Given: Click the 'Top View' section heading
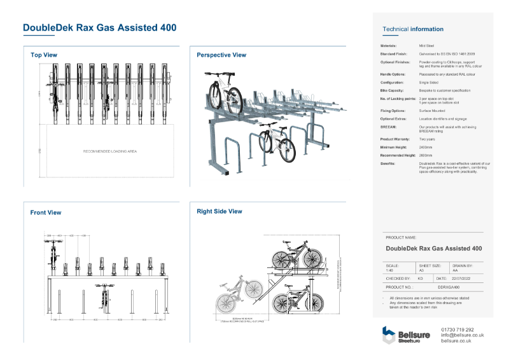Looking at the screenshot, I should pyautogui.click(x=44, y=55).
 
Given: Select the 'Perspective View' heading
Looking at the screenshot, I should pyautogui.click(x=221, y=55).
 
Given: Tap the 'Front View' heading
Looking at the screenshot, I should pyautogui.click(x=46, y=212).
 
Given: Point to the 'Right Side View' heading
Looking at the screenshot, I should pyautogui.click(x=220, y=211).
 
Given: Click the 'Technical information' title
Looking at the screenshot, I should pyautogui.click(x=413, y=29).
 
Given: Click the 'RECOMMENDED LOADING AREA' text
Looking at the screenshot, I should pyautogui.click(x=110, y=151).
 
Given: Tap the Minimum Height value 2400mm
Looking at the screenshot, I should pyautogui.click(x=426, y=147).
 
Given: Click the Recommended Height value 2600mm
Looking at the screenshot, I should pyautogui.click(x=426, y=155).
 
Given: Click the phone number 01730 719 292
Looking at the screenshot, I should pyautogui.click(x=457, y=329).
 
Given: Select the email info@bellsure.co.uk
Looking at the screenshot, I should pyautogui.click(x=462, y=335).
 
